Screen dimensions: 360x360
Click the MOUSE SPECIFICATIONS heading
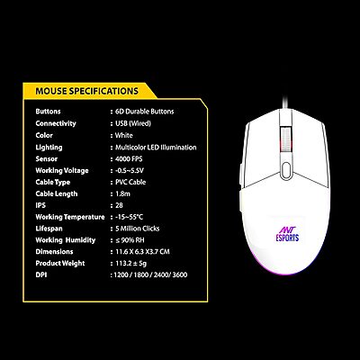click(86, 92)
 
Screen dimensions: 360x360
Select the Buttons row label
click(49, 110)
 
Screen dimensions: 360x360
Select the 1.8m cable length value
click(121, 192)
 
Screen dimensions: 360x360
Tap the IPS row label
click(40, 204)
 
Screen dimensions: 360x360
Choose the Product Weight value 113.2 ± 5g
click(130, 264)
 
